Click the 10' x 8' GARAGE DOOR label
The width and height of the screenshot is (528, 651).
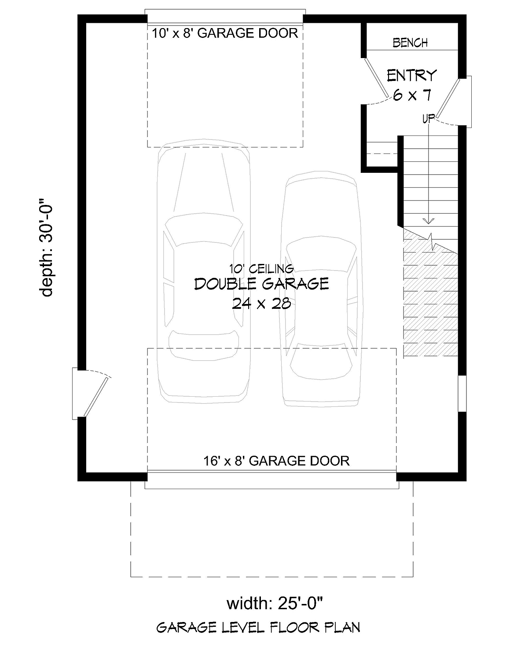[x=225, y=33]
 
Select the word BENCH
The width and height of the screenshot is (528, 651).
[x=410, y=43]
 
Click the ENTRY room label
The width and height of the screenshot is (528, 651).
[x=411, y=76]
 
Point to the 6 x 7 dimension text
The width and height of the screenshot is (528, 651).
[x=412, y=95]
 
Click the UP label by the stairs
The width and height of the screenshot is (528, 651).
[x=428, y=119]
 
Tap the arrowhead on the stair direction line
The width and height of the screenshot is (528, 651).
[x=428, y=221]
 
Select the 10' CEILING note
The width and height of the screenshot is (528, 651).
[x=261, y=269]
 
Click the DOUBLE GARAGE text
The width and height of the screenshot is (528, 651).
[x=261, y=284]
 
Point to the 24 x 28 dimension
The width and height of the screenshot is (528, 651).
[x=261, y=304]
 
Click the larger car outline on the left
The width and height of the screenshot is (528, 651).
[x=203, y=271]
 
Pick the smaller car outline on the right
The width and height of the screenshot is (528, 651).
[x=321, y=289]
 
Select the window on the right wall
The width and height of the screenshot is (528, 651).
[x=462, y=393]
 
